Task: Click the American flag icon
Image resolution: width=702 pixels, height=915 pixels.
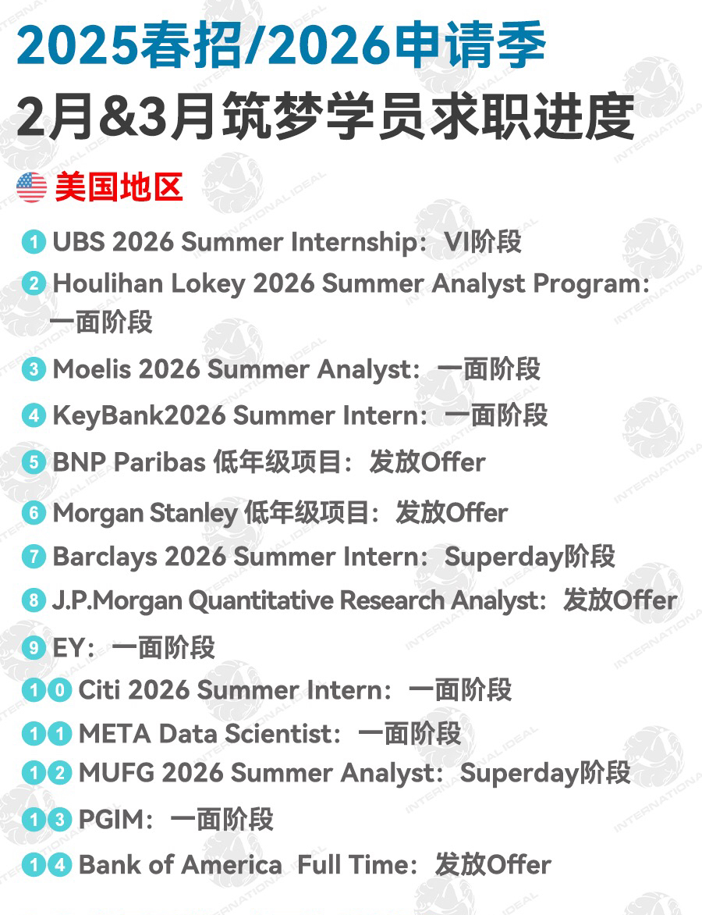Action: tap(31, 187)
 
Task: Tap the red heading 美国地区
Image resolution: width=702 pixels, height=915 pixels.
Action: tap(119, 187)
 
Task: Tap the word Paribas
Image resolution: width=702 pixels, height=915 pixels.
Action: tap(159, 462)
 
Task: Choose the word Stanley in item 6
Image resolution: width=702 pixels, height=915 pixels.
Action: tap(193, 513)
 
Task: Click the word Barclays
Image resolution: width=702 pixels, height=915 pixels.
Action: tap(105, 556)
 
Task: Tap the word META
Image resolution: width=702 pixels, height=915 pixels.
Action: tap(115, 734)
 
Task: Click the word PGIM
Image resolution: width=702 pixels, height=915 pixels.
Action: tap(111, 819)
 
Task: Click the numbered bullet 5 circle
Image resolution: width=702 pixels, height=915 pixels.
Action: tap(34, 462)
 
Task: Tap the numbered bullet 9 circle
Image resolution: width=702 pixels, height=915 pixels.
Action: tap(34, 647)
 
